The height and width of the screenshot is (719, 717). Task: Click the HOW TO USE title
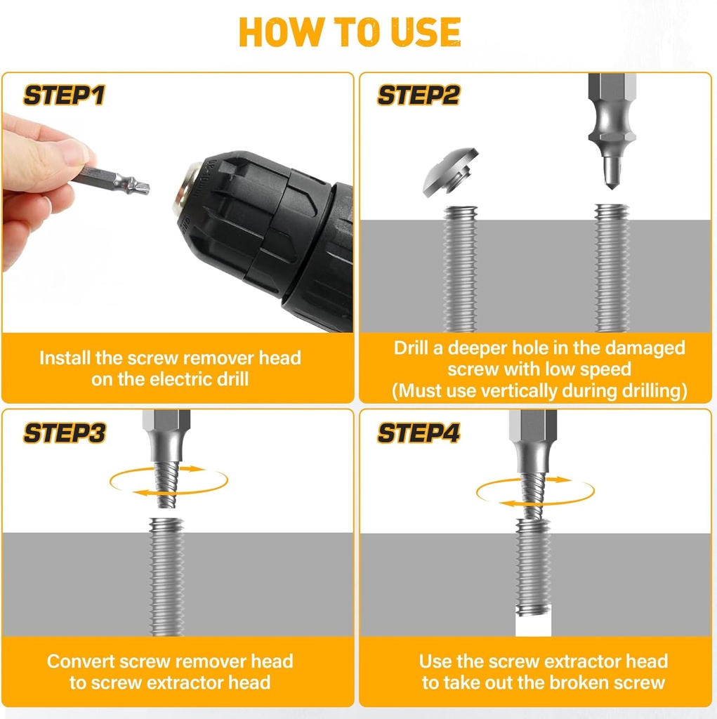pos(350,32)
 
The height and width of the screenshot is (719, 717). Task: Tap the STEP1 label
pos(64,95)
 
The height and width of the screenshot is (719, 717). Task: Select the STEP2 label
pos(419,95)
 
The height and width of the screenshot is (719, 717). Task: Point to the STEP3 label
pos(64,433)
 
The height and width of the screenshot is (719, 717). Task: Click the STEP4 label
pos(419,433)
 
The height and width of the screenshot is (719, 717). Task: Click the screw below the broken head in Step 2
pos(460,267)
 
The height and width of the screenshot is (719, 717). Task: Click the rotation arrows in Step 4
pos(535,491)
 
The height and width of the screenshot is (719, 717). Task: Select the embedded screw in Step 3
pos(167,576)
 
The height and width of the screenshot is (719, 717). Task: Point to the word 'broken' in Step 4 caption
pos(580,682)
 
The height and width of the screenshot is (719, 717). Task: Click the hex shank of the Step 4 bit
pos(533,428)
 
